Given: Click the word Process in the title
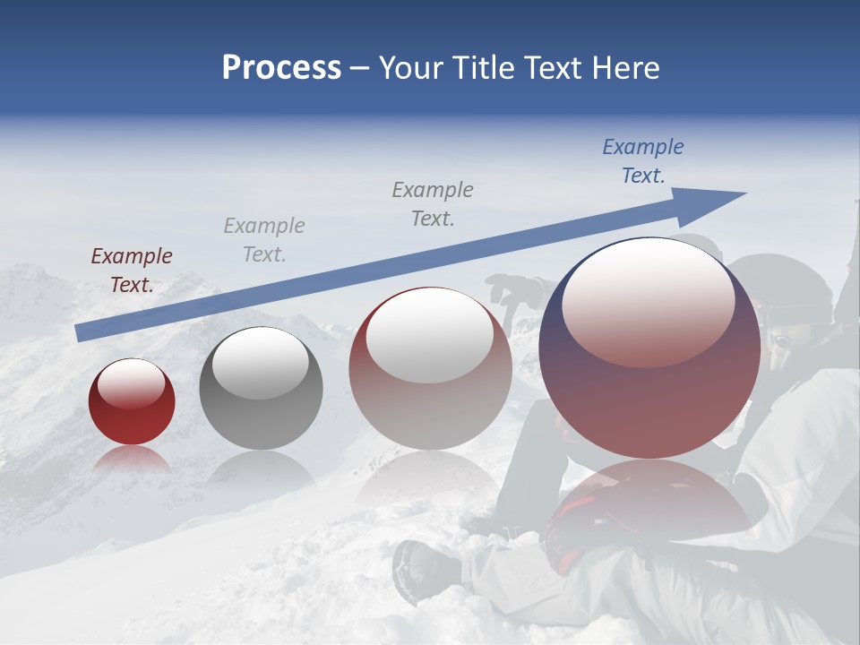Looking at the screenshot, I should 281,68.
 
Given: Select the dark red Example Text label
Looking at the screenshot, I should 132,270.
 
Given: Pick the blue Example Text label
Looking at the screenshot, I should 642,161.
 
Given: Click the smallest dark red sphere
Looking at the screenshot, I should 132,402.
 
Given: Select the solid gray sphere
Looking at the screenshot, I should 261,388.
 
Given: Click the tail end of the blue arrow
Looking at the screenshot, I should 79,333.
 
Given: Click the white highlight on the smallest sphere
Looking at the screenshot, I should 131,383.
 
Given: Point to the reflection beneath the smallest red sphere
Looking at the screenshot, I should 132,460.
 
